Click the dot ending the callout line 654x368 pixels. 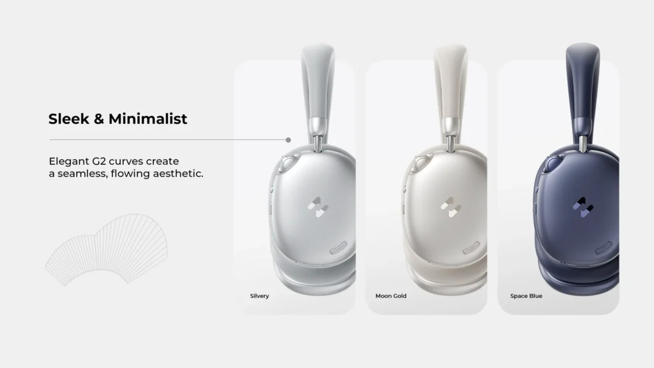click(x=289, y=139)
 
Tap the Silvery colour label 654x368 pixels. click(x=259, y=296)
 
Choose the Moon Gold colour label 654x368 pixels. click(x=391, y=296)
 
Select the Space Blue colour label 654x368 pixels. click(x=526, y=296)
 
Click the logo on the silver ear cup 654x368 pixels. click(x=317, y=206)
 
